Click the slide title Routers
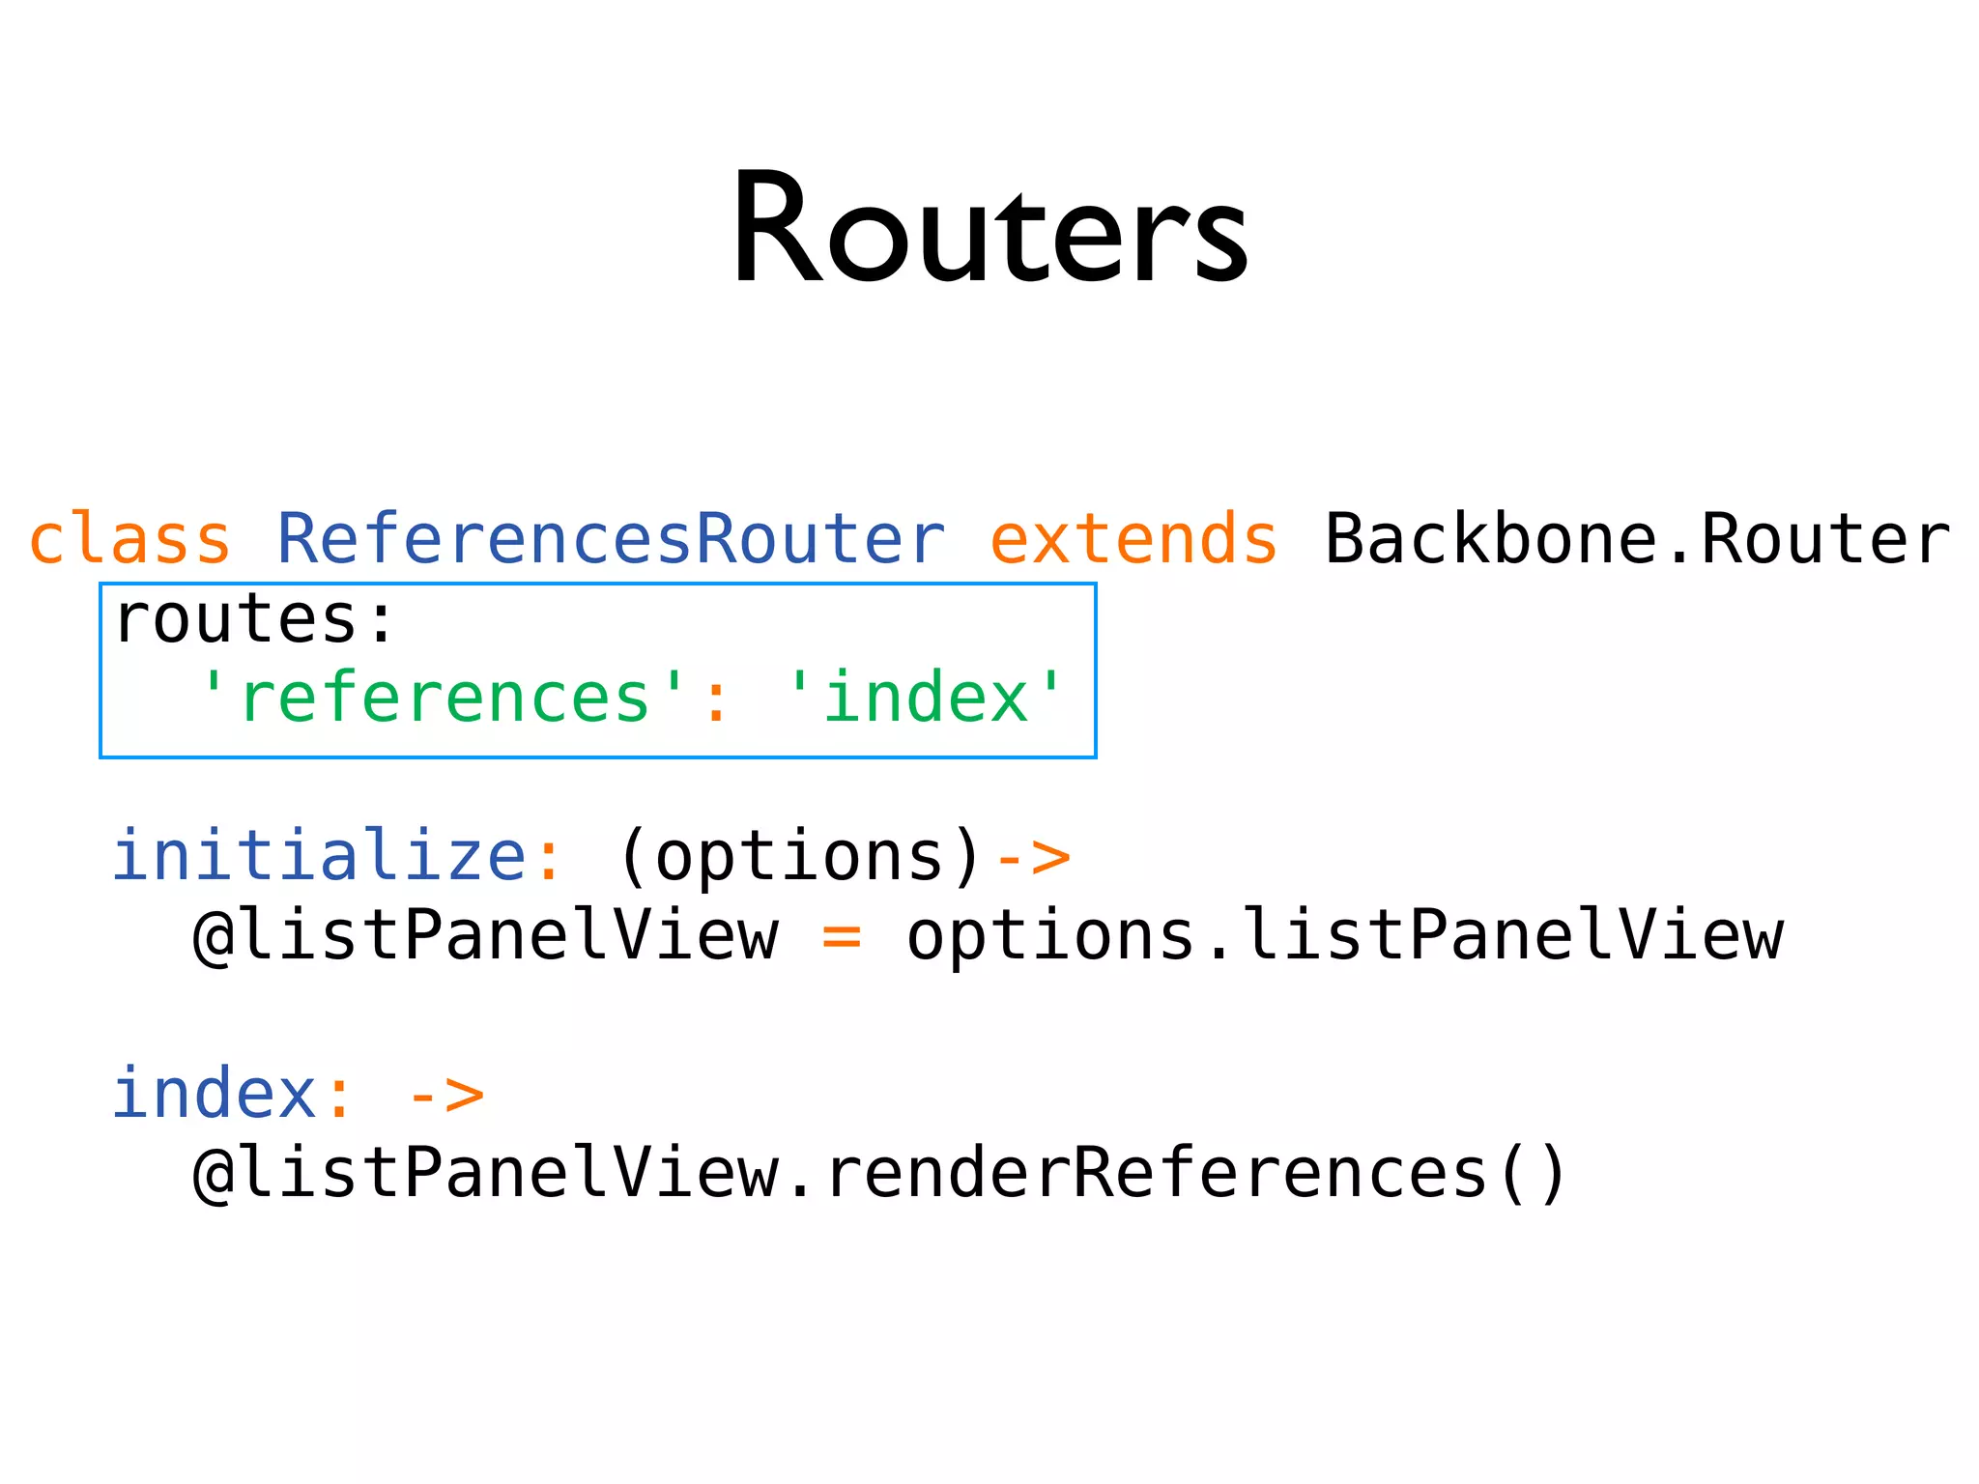(989, 230)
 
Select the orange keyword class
(130, 539)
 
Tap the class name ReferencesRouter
(611, 539)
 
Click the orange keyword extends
(1133, 539)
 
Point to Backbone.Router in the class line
(1637, 539)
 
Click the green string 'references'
(442, 699)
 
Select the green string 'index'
(926, 699)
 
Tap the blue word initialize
(319, 856)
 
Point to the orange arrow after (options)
(1033, 858)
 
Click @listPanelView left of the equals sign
(486, 935)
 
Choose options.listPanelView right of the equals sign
(1344, 935)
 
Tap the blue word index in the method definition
(215, 1094)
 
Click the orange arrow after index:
(445, 1096)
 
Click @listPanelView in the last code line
(486, 1173)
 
